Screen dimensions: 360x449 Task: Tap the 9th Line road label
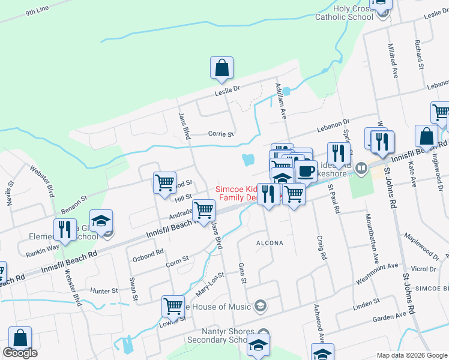pyautogui.click(x=37, y=11)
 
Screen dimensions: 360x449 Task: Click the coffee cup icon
pyautogui.click(x=306, y=171)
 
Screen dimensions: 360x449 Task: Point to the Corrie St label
pyautogui.click(x=220, y=134)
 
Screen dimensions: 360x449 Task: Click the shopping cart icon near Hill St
pyautogui.click(x=164, y=182)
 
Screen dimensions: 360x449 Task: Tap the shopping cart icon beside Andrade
pyautogui.click(x=203, y=211)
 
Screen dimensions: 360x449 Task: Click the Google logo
pyautogui.click(x=20, y=353)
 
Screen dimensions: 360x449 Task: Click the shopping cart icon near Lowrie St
pyautogui.click(x=173, y=306)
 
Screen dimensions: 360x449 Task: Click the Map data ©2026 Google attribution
pyautogui.click(x=412, y=355)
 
